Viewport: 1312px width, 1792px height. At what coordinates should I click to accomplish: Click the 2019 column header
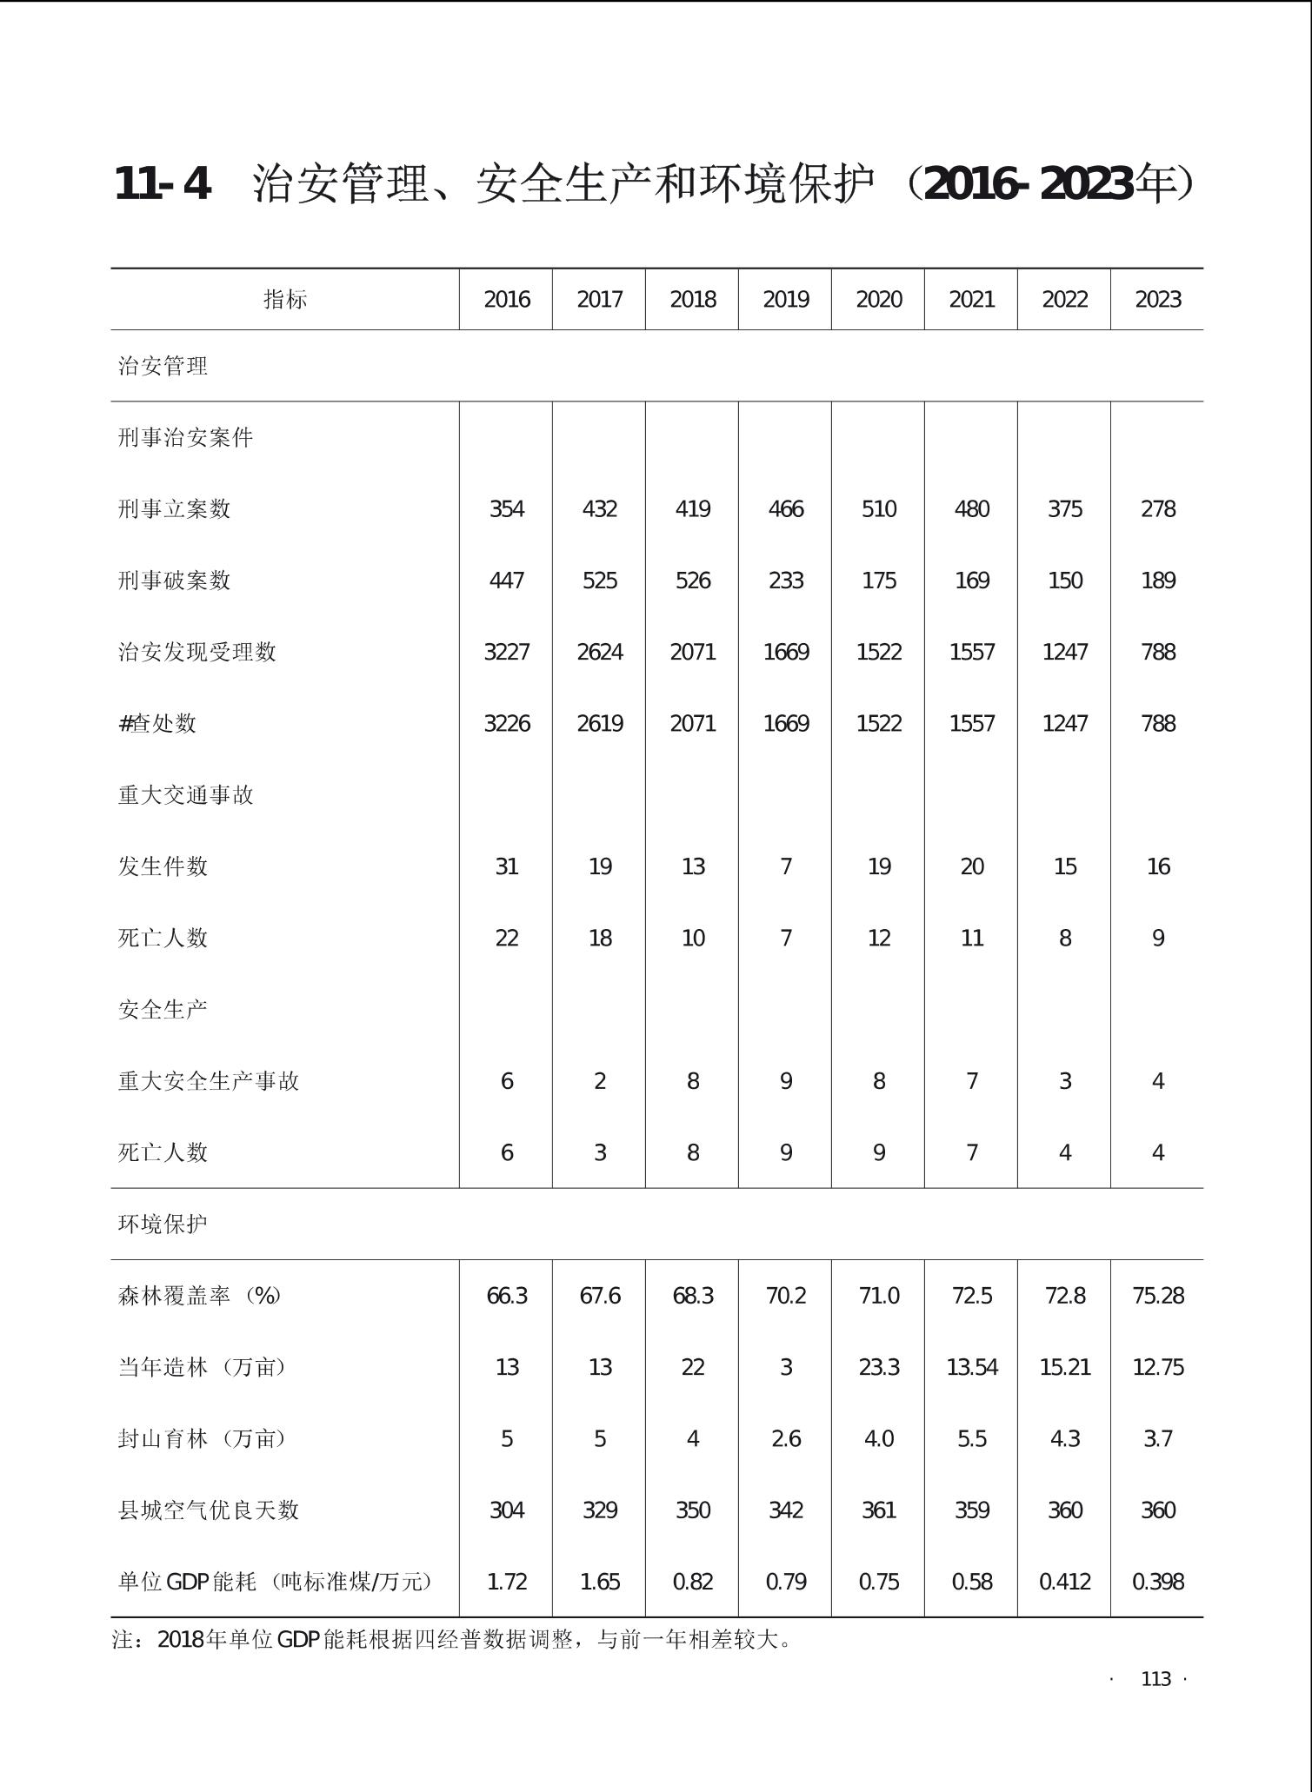785,300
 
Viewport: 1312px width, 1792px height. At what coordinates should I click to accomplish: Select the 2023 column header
1157,300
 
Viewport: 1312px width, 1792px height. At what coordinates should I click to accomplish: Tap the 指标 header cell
285,300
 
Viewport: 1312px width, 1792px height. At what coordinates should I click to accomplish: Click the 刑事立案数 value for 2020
878,509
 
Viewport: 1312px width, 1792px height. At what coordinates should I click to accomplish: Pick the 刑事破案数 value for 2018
692,581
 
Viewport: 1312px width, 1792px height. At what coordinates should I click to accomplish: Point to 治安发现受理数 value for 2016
506,652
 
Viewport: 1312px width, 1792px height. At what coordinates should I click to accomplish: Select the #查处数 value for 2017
599,724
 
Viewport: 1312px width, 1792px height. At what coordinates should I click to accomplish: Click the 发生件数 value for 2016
506,866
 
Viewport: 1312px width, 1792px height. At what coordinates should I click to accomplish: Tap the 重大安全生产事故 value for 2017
599,1081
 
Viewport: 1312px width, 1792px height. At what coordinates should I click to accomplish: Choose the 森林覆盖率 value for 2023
1157,1296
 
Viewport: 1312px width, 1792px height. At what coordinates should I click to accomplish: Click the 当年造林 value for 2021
971,1368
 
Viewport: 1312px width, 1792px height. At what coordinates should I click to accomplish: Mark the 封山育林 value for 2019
785,1439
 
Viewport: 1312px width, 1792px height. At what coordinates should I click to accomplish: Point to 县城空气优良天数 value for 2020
878,1510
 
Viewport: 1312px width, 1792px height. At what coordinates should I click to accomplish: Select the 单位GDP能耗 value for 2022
1064,1582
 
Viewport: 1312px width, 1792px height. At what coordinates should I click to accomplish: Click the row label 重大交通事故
185,795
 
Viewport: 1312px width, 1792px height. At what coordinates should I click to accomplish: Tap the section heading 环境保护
163,1224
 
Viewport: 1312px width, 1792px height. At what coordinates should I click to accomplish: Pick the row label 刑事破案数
174,581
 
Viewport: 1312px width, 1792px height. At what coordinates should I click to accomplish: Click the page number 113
1155,1679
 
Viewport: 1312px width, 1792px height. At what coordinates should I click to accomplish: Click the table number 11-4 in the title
163,184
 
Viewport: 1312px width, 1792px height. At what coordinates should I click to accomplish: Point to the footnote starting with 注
452,1640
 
